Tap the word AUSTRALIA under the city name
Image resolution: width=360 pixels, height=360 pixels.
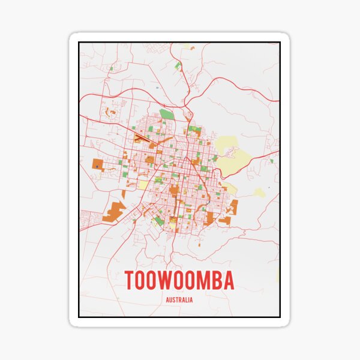179,300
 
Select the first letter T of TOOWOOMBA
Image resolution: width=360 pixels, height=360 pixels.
130,281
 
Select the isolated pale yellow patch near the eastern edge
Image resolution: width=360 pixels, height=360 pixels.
259,193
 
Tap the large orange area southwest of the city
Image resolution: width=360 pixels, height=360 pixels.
113,212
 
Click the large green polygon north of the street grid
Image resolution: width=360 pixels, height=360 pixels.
167,114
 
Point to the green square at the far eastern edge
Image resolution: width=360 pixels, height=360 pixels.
271,161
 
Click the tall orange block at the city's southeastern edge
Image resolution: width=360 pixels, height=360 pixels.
233,207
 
